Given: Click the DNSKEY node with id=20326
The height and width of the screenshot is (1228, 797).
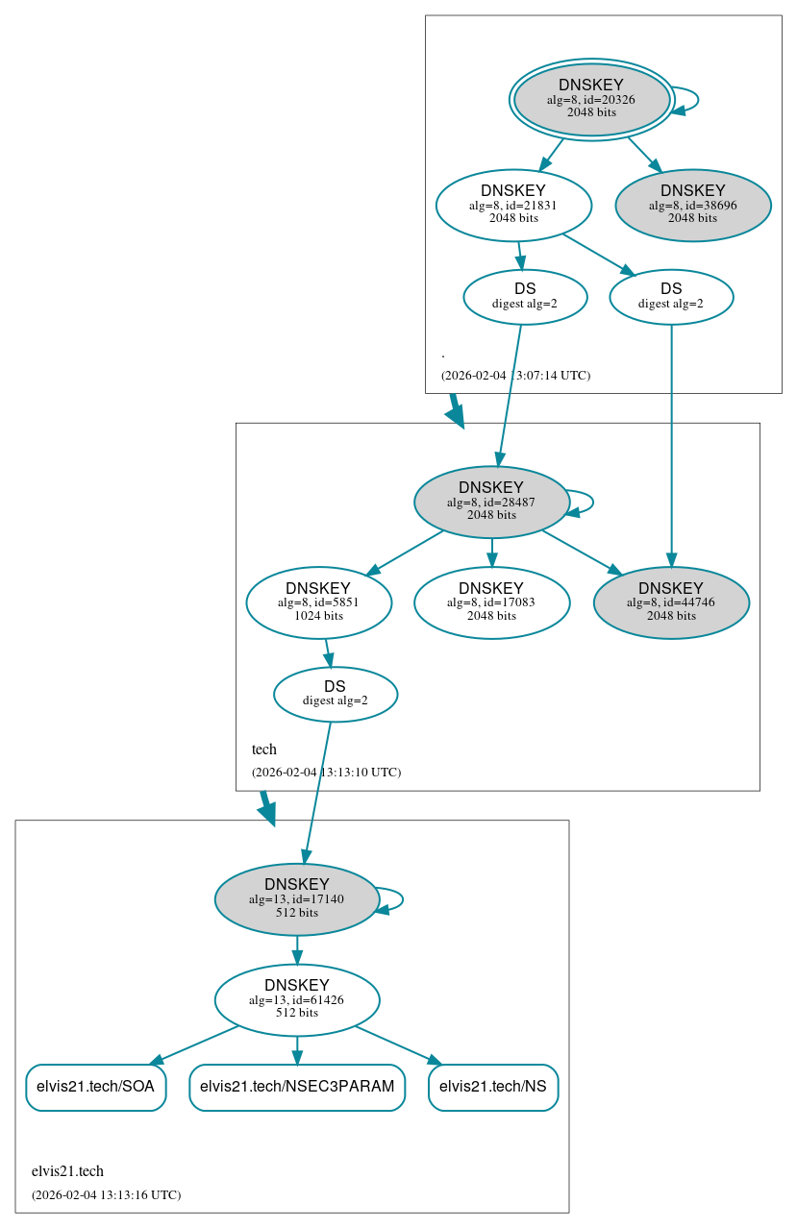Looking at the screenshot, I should (591, 99).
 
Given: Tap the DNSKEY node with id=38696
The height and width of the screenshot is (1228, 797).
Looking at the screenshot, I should (692, 205).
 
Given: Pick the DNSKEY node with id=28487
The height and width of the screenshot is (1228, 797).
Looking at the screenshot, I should (491, 502).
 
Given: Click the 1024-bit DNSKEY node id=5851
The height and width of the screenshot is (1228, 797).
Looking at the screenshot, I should (318, 602).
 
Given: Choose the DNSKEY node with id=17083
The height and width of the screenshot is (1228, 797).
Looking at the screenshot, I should (491, 602).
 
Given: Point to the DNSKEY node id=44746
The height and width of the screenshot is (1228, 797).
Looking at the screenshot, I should (671, 602).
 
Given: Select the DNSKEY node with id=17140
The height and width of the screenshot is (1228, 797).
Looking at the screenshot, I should (296, 899).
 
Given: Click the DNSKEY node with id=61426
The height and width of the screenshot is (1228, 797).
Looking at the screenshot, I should (296, 999).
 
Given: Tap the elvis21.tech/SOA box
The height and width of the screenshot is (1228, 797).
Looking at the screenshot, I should (96, 1087).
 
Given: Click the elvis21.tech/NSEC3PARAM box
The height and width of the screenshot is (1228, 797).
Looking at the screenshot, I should (297, 1087).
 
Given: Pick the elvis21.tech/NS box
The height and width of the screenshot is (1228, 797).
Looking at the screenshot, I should (493, 1087).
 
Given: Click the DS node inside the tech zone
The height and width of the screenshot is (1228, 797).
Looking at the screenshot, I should (335, 694).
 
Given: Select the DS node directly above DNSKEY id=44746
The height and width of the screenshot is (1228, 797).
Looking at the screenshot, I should (671, 296).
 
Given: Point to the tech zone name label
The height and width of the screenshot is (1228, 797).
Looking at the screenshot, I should (264, 749).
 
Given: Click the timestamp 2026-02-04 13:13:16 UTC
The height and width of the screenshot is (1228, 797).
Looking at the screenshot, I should (106, 1195).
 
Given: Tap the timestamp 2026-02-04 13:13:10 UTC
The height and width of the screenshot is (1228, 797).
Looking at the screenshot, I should (326, 773).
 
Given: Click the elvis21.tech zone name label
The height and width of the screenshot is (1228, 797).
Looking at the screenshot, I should (67, 1171).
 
